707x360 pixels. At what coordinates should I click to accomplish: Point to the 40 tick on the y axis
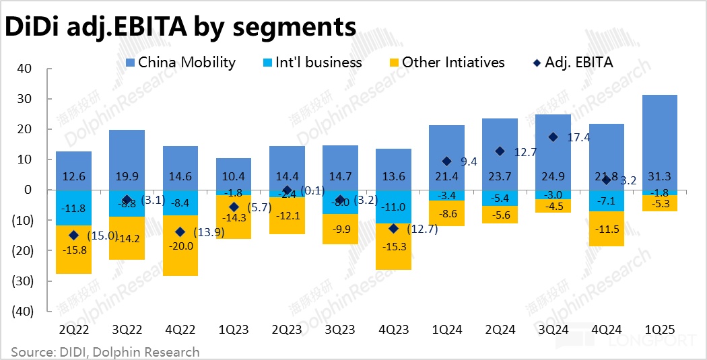click(x=24, y=68)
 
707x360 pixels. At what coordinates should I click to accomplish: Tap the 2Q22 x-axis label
click(x=73, y=330)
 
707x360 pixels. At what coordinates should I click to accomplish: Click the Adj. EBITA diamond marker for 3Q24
click(x=553, y=137)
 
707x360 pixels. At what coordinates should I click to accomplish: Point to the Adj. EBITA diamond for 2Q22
click(x=73, y=236)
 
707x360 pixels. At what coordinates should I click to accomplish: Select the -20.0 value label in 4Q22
click(x=180, y=246)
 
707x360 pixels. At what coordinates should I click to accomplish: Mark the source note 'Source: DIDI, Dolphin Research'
click(x=106, y=352)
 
